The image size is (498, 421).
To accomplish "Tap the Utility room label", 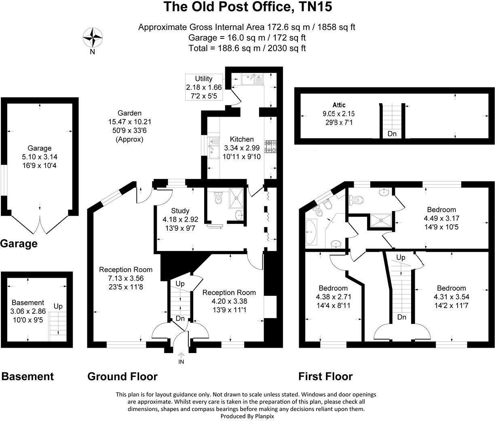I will point(203,79).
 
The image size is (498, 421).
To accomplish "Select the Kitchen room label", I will point(242,139).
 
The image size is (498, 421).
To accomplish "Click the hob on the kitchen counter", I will point(270,147).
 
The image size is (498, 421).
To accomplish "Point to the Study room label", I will point(180,211).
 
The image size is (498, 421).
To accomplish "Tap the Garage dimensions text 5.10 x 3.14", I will point(40,157).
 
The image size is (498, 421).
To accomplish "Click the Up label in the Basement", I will point(58,306).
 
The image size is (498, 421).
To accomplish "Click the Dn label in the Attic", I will point(392,134).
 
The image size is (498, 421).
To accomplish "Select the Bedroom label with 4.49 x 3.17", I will point(441,210).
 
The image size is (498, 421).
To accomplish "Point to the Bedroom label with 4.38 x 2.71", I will point(333,288).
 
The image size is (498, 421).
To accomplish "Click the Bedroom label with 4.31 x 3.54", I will point(451,288).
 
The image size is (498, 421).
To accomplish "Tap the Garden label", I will point(129,113).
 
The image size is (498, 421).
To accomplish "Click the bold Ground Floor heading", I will point(122,376).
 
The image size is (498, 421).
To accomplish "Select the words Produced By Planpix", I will point(246,416).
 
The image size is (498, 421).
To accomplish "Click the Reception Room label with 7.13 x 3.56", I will point(126,270).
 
